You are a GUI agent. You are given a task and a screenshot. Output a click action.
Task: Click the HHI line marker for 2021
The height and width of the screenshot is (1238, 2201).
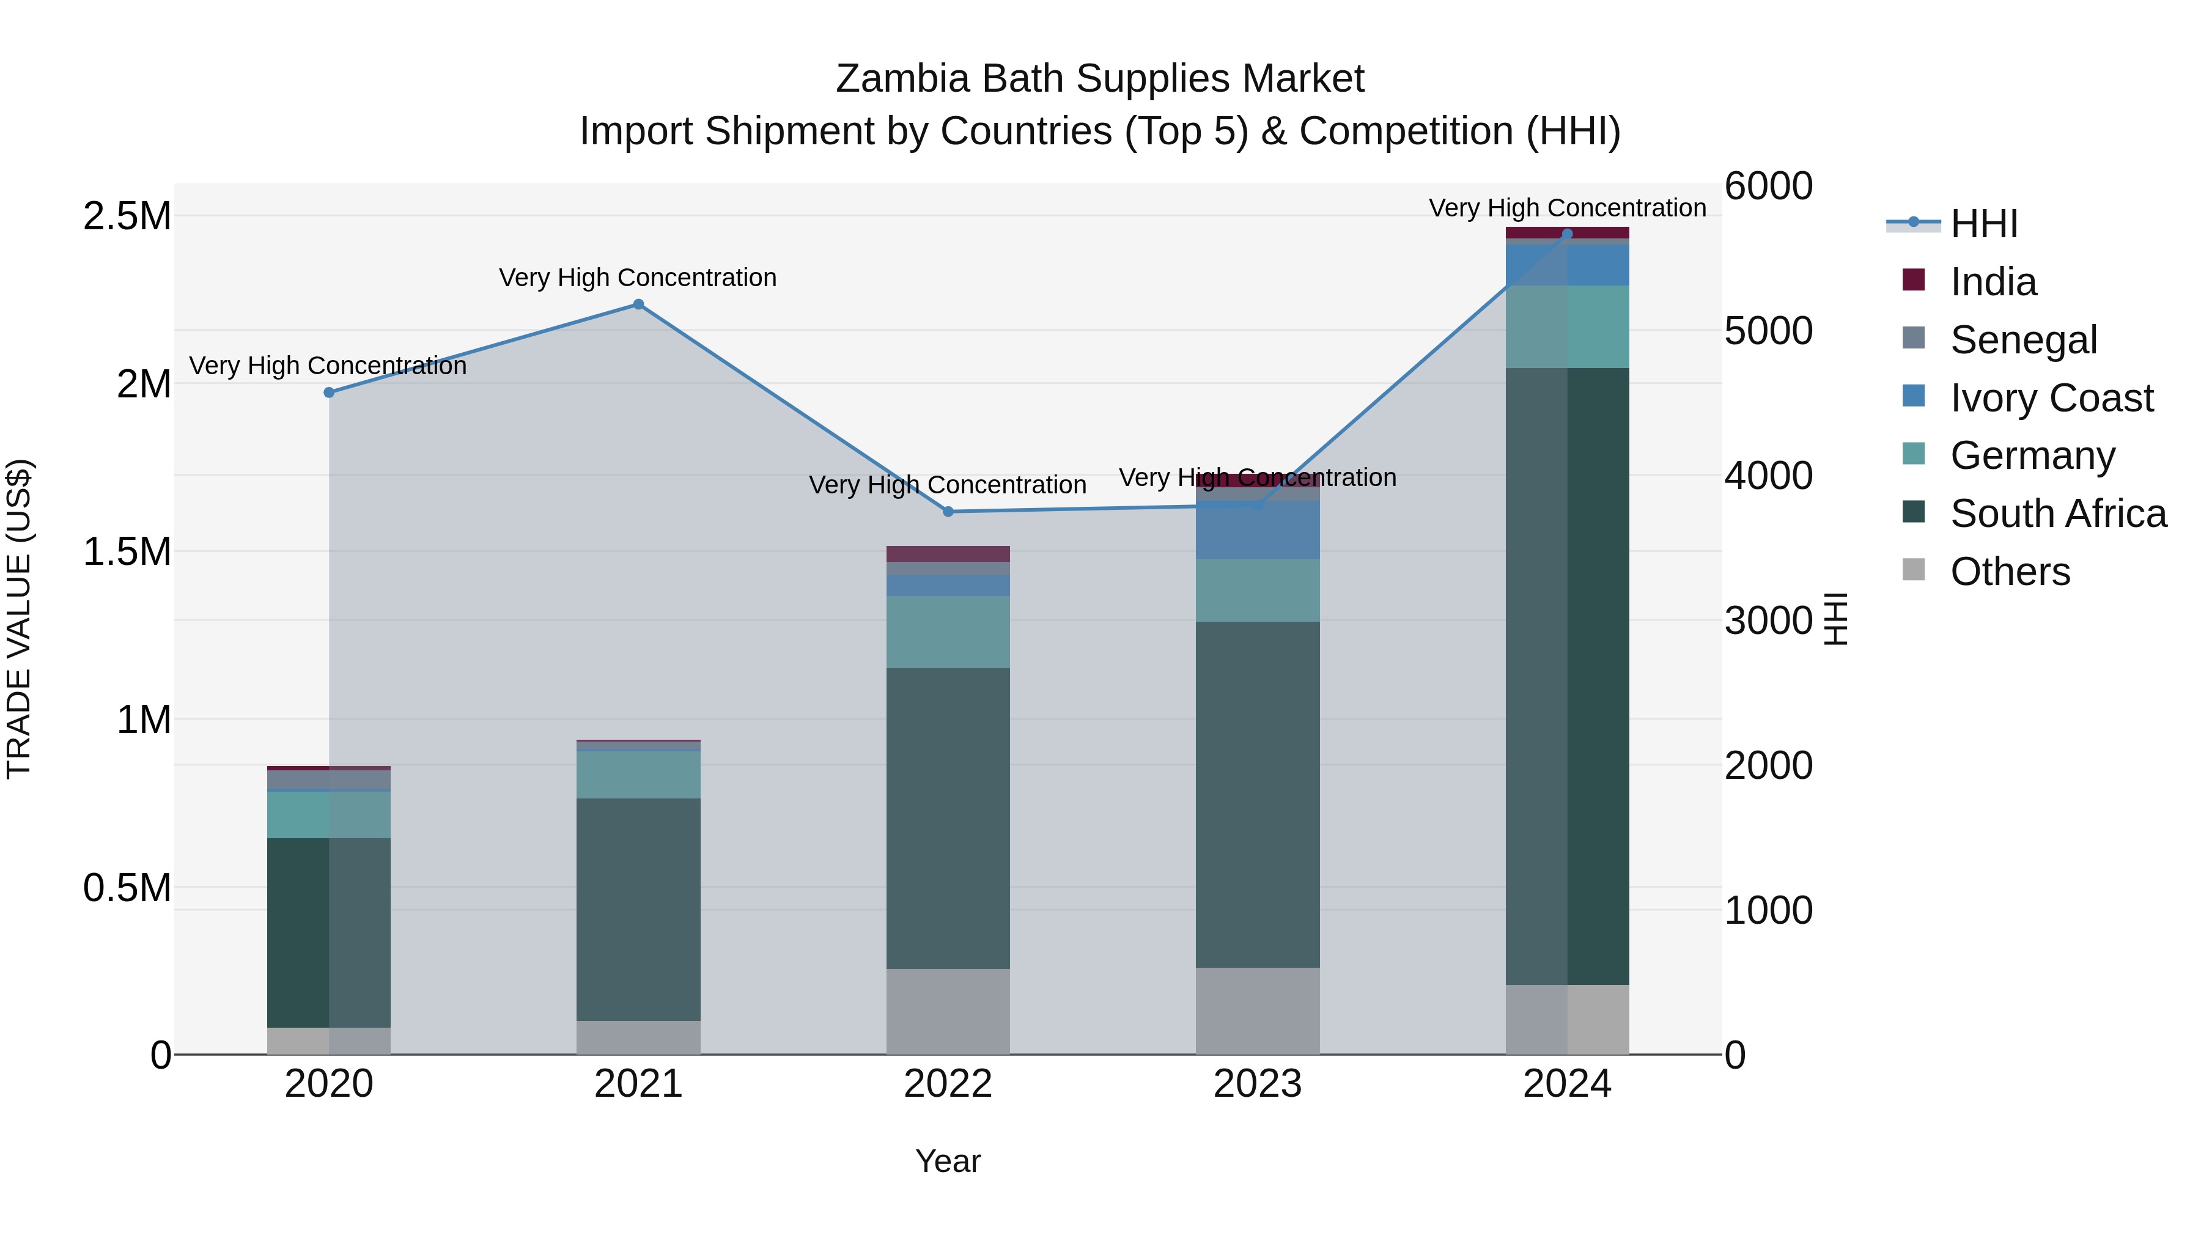point(638,304)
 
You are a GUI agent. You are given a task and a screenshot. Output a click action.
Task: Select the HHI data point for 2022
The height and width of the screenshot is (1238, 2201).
point(948,512)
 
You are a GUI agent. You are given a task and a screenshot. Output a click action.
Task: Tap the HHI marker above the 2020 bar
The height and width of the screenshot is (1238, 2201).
point(329,392)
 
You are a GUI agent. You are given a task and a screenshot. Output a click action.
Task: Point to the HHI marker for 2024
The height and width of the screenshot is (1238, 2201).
point(1567,234)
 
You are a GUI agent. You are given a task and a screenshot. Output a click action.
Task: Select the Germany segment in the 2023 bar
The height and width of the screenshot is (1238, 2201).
point(1257,589)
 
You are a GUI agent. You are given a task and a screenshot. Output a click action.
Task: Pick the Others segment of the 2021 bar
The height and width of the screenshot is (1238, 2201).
point(638,1037)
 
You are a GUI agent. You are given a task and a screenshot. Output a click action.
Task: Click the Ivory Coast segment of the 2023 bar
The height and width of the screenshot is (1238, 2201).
point(1257,529)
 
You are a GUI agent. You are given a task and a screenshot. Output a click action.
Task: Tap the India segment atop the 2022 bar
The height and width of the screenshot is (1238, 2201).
point(948,554)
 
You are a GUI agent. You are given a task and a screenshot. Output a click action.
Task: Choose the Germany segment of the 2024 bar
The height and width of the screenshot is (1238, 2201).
point(1567,326)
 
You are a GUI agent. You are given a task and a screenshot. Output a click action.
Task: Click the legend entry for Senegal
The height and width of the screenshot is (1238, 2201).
point(2023,339)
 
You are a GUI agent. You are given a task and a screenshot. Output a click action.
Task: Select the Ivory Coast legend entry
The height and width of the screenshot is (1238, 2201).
point(2051,397)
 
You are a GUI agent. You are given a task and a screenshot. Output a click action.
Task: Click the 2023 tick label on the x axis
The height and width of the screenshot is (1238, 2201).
point(1257,1084)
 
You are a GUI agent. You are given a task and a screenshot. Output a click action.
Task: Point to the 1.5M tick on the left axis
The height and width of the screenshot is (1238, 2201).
point(127,552)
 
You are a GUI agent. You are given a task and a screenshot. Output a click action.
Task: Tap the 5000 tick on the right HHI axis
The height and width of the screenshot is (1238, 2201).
point(1768,331)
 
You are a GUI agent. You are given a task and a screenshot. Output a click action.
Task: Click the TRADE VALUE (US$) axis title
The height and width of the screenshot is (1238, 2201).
point(19,619)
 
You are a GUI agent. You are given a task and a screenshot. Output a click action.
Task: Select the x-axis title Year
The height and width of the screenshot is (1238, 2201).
point(948,1161)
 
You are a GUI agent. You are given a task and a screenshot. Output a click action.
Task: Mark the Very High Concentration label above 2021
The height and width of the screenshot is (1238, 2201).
point(638,278)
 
